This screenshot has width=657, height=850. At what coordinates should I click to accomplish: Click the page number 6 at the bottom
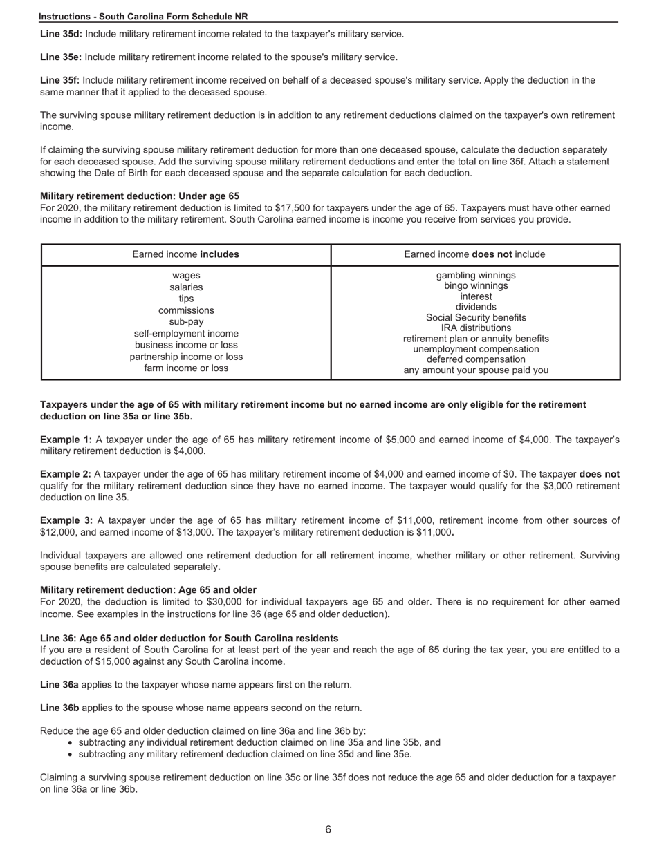pos(328,829)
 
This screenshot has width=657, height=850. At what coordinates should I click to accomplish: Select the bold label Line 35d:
pos(61,34)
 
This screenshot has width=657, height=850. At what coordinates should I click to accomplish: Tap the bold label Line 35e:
pos(61,57)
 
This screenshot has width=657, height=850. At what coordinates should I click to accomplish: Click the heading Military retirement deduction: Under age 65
pos(140,196)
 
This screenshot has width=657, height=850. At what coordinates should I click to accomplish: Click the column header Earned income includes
pos(185,254)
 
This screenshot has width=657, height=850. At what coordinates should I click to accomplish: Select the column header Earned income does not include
pos(474,254)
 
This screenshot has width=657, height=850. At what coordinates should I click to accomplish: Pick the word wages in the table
pos(186,276)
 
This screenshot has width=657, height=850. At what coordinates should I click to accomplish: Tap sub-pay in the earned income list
pos(186,322)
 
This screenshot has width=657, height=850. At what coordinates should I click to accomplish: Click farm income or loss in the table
pos(186,368)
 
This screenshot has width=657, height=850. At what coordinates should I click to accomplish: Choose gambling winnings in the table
pos(476,276)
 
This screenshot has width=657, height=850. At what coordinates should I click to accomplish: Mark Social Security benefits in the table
pos(476,317)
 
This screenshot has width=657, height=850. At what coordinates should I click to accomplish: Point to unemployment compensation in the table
pos(476,349)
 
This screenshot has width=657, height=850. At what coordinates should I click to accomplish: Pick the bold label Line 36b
pos(59,708)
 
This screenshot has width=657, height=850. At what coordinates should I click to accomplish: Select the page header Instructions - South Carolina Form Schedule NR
pos(143,17)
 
